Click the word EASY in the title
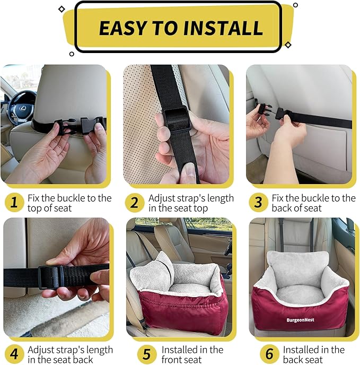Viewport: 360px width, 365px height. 126,28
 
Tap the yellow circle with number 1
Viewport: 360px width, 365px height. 14,203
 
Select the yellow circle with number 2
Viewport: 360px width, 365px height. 135,203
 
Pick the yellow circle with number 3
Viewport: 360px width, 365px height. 258,203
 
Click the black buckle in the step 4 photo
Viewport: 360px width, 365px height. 52,276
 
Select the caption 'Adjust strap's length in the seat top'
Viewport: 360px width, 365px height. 191,203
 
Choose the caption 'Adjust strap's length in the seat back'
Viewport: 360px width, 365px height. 70,355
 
